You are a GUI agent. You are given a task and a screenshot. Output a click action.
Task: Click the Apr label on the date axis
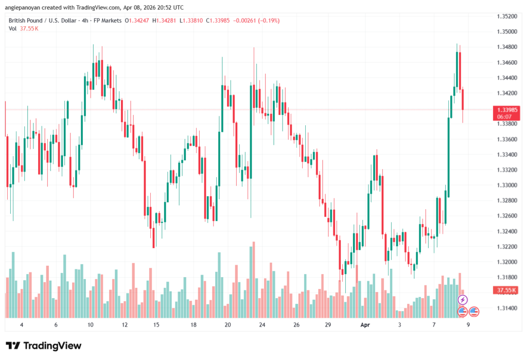click(x=365, y=325)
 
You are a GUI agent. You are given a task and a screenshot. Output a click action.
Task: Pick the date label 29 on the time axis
click(x=328, y=325)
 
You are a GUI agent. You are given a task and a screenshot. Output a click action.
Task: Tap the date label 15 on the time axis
click(x=156, y=325)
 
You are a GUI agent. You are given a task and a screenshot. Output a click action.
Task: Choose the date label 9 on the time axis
click(x=468, y=325)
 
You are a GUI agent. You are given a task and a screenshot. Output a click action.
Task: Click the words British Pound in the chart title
click(x=25, y=20)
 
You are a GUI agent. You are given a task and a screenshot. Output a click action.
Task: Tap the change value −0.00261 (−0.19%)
click(x=256, y=20)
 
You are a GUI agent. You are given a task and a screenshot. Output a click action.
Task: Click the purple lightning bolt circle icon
click(x=463, y=300)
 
